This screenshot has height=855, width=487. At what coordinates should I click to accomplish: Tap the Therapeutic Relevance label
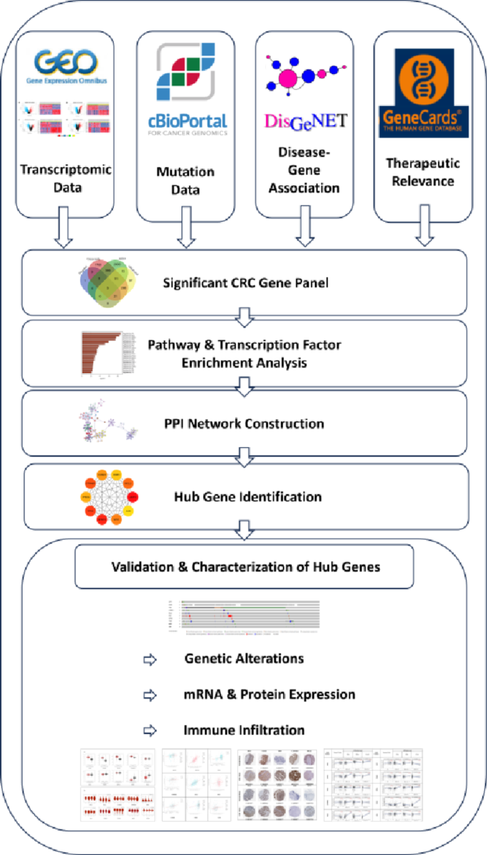(x=423, y=171)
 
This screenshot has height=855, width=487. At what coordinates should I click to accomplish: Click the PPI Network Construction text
(x=244, y=424)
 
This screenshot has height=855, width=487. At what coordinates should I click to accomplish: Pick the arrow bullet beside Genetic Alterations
(x=149, y=659)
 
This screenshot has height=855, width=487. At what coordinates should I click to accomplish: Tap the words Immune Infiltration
(x=244, y=730)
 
